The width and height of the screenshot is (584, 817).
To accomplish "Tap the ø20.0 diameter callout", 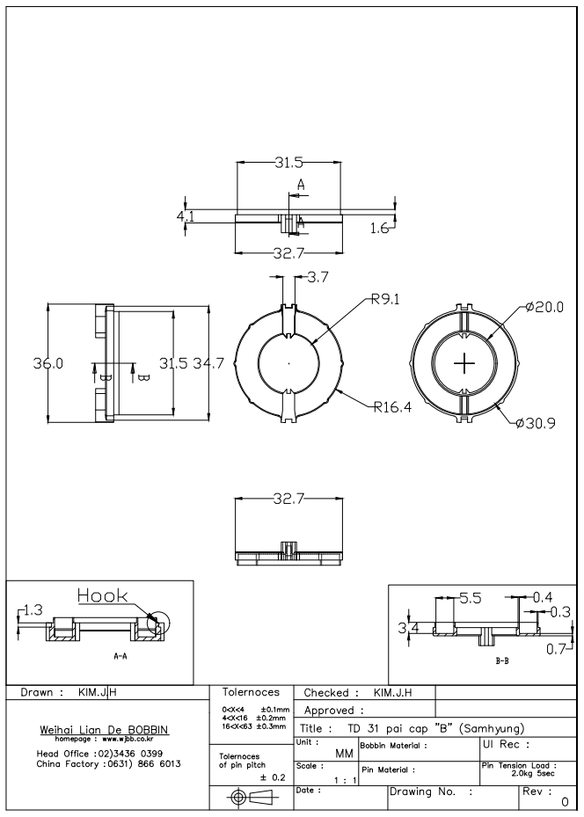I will click(544, 307).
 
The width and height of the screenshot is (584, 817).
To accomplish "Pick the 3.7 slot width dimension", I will click(318, 278).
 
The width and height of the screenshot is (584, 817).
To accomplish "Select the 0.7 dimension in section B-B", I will click(553, 649).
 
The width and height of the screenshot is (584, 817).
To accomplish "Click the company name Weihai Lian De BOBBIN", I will click(106, 731).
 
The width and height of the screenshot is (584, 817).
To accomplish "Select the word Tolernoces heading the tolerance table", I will click(252, 693).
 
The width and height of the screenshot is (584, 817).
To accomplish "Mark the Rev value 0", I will click(564, 802).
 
